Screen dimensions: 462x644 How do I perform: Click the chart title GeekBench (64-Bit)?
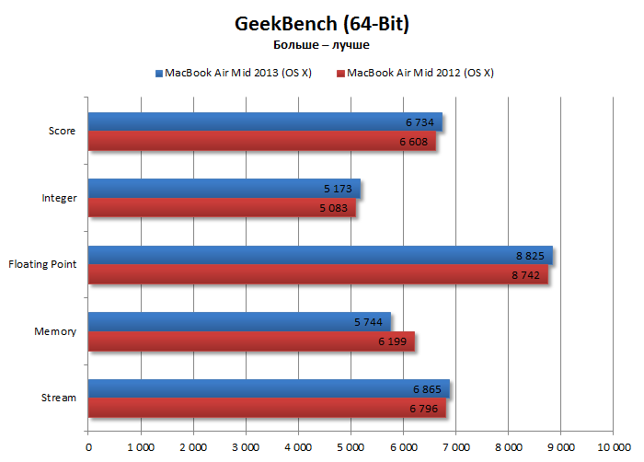(321, 22)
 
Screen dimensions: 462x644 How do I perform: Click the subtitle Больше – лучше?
(321, 43)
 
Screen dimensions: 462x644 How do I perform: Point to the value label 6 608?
(414, 142)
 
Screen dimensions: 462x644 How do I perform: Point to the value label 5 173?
(339, 189)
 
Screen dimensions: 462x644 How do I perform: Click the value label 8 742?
(527, 275)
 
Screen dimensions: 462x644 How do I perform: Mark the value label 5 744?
(369, 322)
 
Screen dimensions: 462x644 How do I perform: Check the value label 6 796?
(425, 409)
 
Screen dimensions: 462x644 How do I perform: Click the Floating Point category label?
(42, 265)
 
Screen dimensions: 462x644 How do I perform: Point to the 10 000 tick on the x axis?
(613, 447)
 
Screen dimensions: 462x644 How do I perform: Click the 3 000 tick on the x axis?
(246, 447)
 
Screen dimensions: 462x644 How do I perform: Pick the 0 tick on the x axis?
(88, 447)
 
